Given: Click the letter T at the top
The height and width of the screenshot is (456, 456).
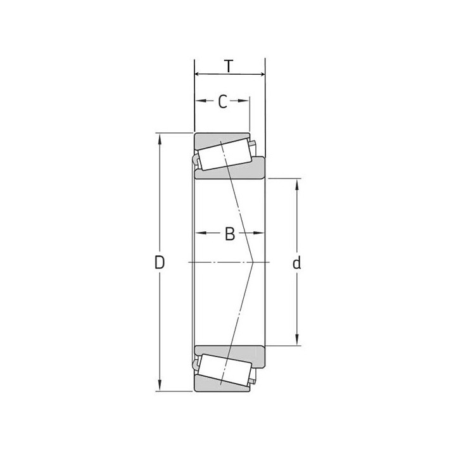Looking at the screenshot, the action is (x=229, y=66).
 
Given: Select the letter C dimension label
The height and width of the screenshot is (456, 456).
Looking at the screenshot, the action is (x=222, y=102).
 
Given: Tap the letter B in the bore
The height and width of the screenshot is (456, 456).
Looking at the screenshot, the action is (x=230, y=234).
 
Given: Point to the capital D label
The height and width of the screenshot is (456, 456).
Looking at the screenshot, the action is (x=160, y=263).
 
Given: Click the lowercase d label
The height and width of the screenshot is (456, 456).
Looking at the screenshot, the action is (x=296, y=263).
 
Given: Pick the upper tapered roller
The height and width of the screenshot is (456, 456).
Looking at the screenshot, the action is (x=224, y=154).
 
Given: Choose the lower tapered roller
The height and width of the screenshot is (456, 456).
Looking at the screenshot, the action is (x=224, y=370).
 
